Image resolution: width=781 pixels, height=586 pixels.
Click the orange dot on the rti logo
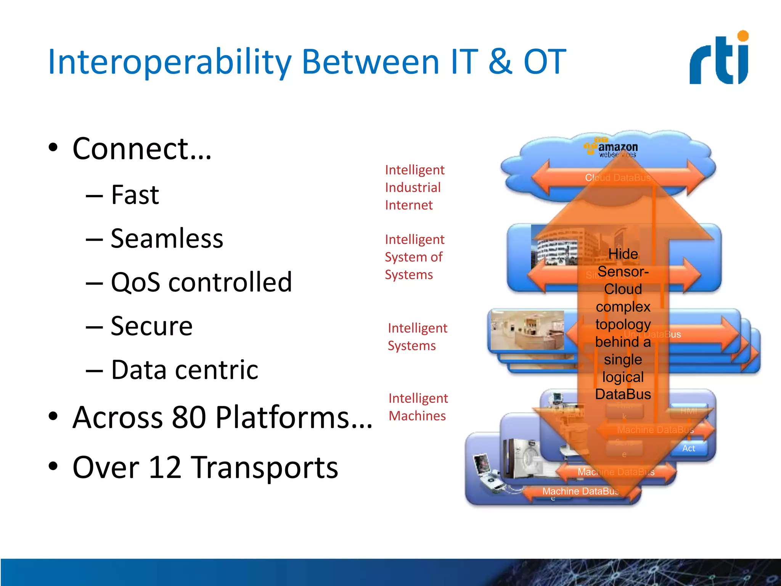click(x=743, y=36)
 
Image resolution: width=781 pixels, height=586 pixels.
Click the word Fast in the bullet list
click(x=135, y=195)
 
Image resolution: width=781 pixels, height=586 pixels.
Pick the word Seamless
click(x=167, y=238)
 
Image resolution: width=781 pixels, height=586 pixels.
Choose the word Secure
click(x=151, y=326)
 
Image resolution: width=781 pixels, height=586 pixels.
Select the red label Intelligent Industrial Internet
click(x=415, y=187)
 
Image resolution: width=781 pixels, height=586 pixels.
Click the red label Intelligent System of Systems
click(x=414, y=257)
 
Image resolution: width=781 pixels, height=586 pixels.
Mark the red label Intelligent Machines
click(x=418, y=407)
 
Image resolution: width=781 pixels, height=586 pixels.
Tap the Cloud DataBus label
click(x=618, y=178)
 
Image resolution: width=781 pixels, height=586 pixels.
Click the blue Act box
click(x=688, y=448)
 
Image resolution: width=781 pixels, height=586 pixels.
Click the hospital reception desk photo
click(x=527, y=330)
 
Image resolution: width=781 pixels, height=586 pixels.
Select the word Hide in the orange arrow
click(x=623, y=254)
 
